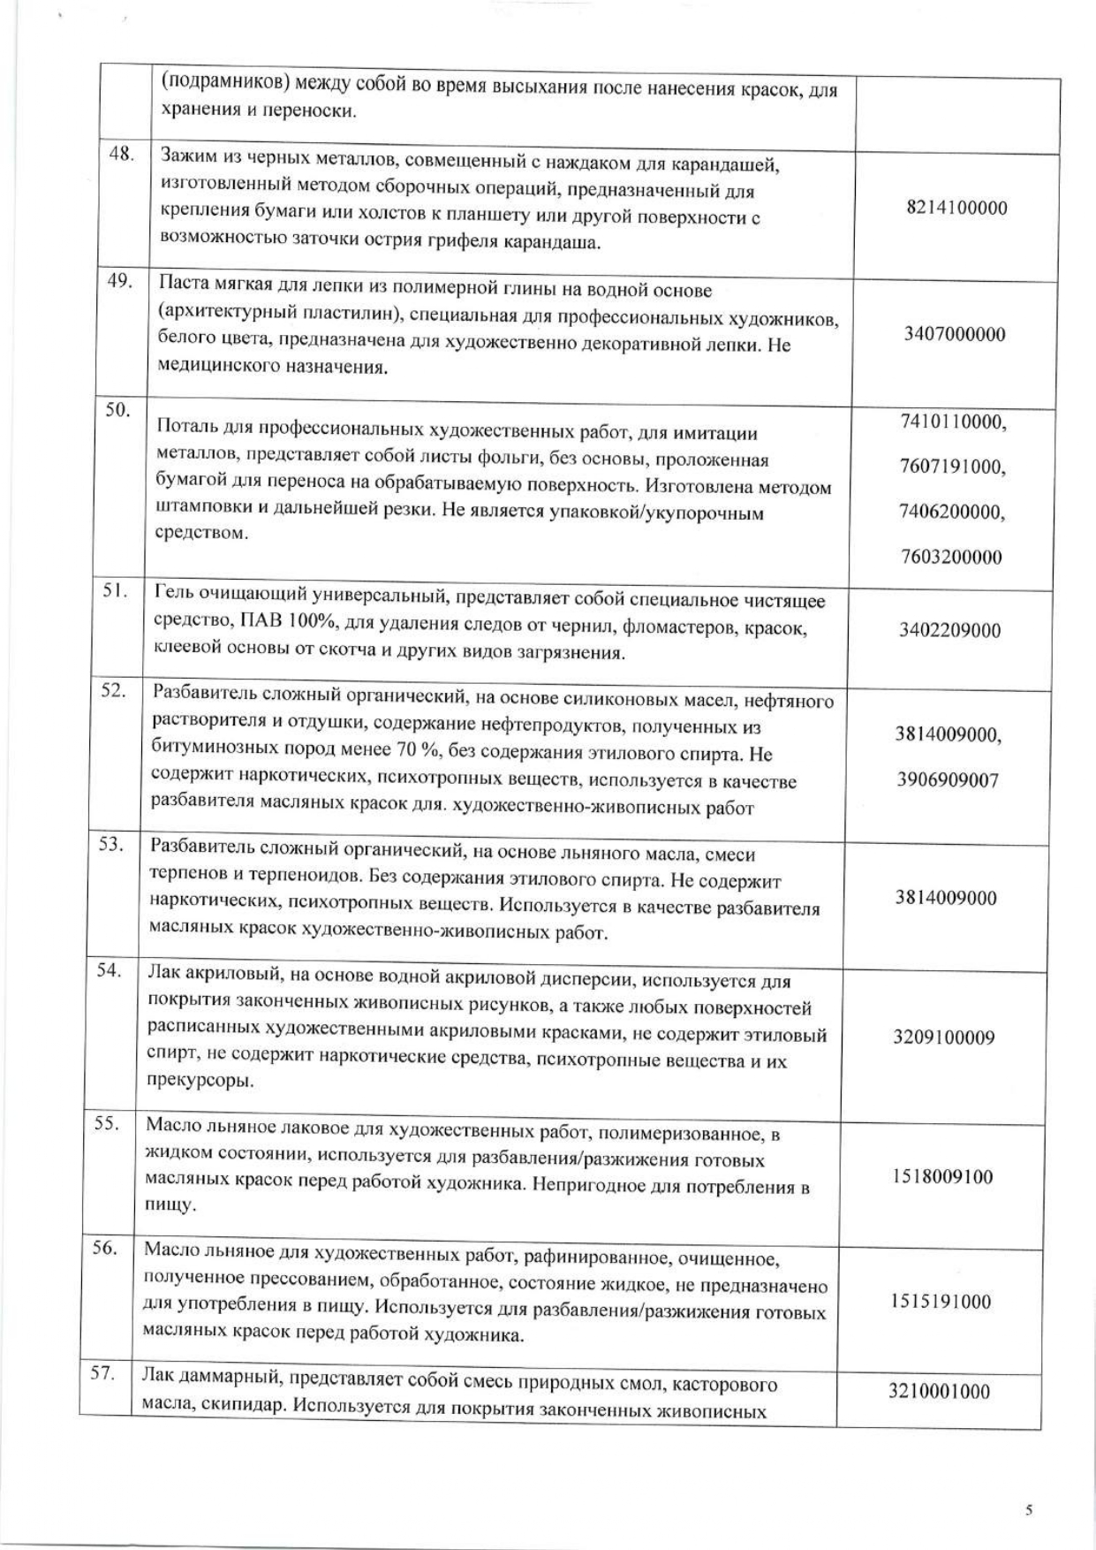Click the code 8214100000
[x=956, y=209]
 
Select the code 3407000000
[x=955, y=334]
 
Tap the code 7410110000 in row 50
[x=953, y=422]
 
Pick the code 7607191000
[x=953, y=467]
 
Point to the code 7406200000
[x=951, y=512]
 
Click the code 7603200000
[x=951, y=558]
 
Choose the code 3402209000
[x=950, y=630]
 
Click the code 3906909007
[x=947, y=780]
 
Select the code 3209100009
[x=943, y=1037]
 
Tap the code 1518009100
[x=942, y=1177]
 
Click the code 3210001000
[x=939, y=1392]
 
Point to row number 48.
[x=121, y=154]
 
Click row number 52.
[x=112, y=691]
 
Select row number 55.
[x=107, y=1124]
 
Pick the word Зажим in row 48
[x=185, y=162]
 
